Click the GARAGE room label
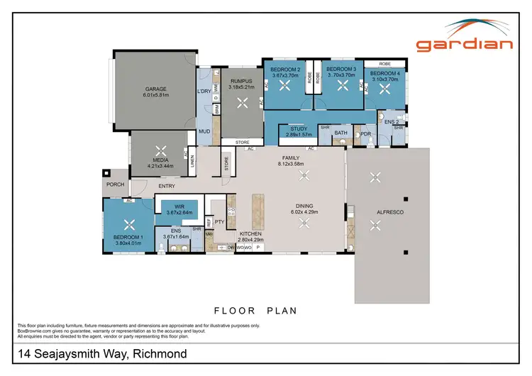click(155, 88)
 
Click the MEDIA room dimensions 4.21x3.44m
click(161, 166)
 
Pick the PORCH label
click(116, 184)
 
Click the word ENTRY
click(167, 186)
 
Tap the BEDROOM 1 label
click(128, 237)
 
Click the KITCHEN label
click(250, 234)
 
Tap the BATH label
click(341, 133)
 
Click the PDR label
click(366, 133)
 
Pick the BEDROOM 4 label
click(385, 73)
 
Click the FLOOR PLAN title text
click(255, 310)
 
